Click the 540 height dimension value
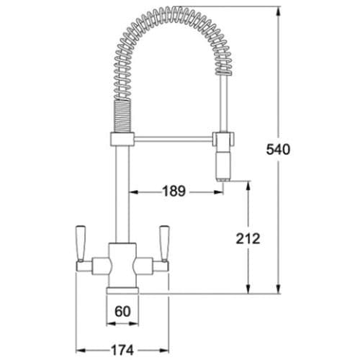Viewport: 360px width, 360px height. pyautogui.click(x=278, y=150)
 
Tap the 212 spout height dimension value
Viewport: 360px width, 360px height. pyautogui.click(x=248, y=239)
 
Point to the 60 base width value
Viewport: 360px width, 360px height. pyautogui.click(x=122, y=312)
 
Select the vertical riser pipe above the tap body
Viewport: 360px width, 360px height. pyautogui.click(x=122, y=194)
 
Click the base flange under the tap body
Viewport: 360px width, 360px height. pyautogui.click(x=122, y=290)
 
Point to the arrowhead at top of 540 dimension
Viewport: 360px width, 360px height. pyautogui.click(x=278, y=12)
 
